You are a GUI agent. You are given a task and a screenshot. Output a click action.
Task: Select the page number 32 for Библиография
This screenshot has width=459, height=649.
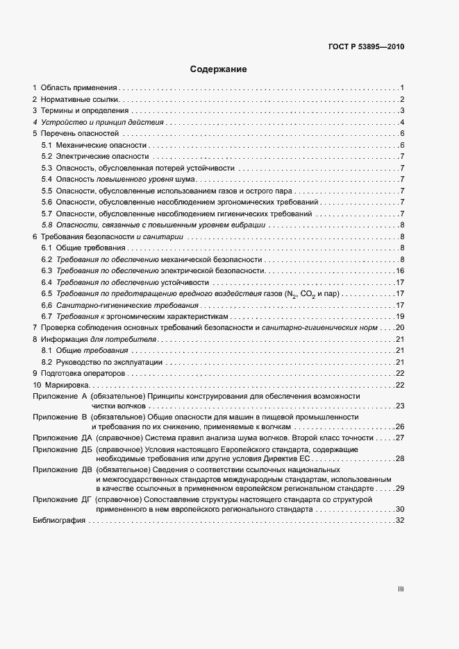coord(400,521)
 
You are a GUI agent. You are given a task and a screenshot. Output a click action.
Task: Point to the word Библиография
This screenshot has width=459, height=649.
coord(59,521)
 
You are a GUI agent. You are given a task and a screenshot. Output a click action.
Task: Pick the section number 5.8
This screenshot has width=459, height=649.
coord(47,225)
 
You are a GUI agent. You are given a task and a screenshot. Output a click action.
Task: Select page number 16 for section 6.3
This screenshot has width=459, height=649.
coord(400,270)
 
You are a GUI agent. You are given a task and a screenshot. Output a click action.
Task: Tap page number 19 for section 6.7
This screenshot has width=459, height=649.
coord(400,316)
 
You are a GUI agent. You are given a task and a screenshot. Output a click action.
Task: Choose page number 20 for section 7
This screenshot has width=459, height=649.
coord(400,327)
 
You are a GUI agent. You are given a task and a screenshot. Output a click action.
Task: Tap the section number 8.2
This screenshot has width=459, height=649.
coord(47,362)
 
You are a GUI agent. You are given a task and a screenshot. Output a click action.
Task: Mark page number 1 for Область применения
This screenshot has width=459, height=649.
coord(402,88)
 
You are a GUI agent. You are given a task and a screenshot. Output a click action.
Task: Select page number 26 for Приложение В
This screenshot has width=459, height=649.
coord(400,426)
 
